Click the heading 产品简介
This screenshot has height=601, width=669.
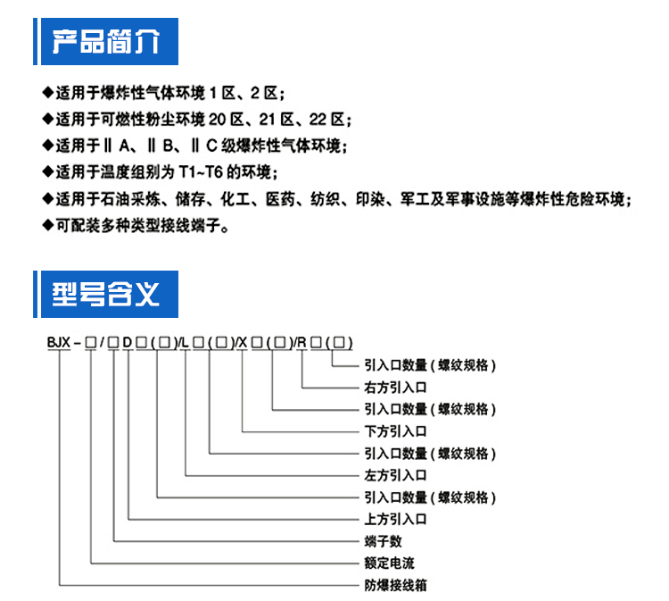(106, 41)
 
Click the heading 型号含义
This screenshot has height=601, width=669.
(106, 293)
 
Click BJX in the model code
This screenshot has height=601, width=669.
(58, 342)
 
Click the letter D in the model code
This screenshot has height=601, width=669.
(128, 342)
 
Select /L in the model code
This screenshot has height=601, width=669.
(184, 342)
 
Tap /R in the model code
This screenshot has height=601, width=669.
(301, 342)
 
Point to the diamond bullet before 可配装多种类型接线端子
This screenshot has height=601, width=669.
(48, 226)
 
